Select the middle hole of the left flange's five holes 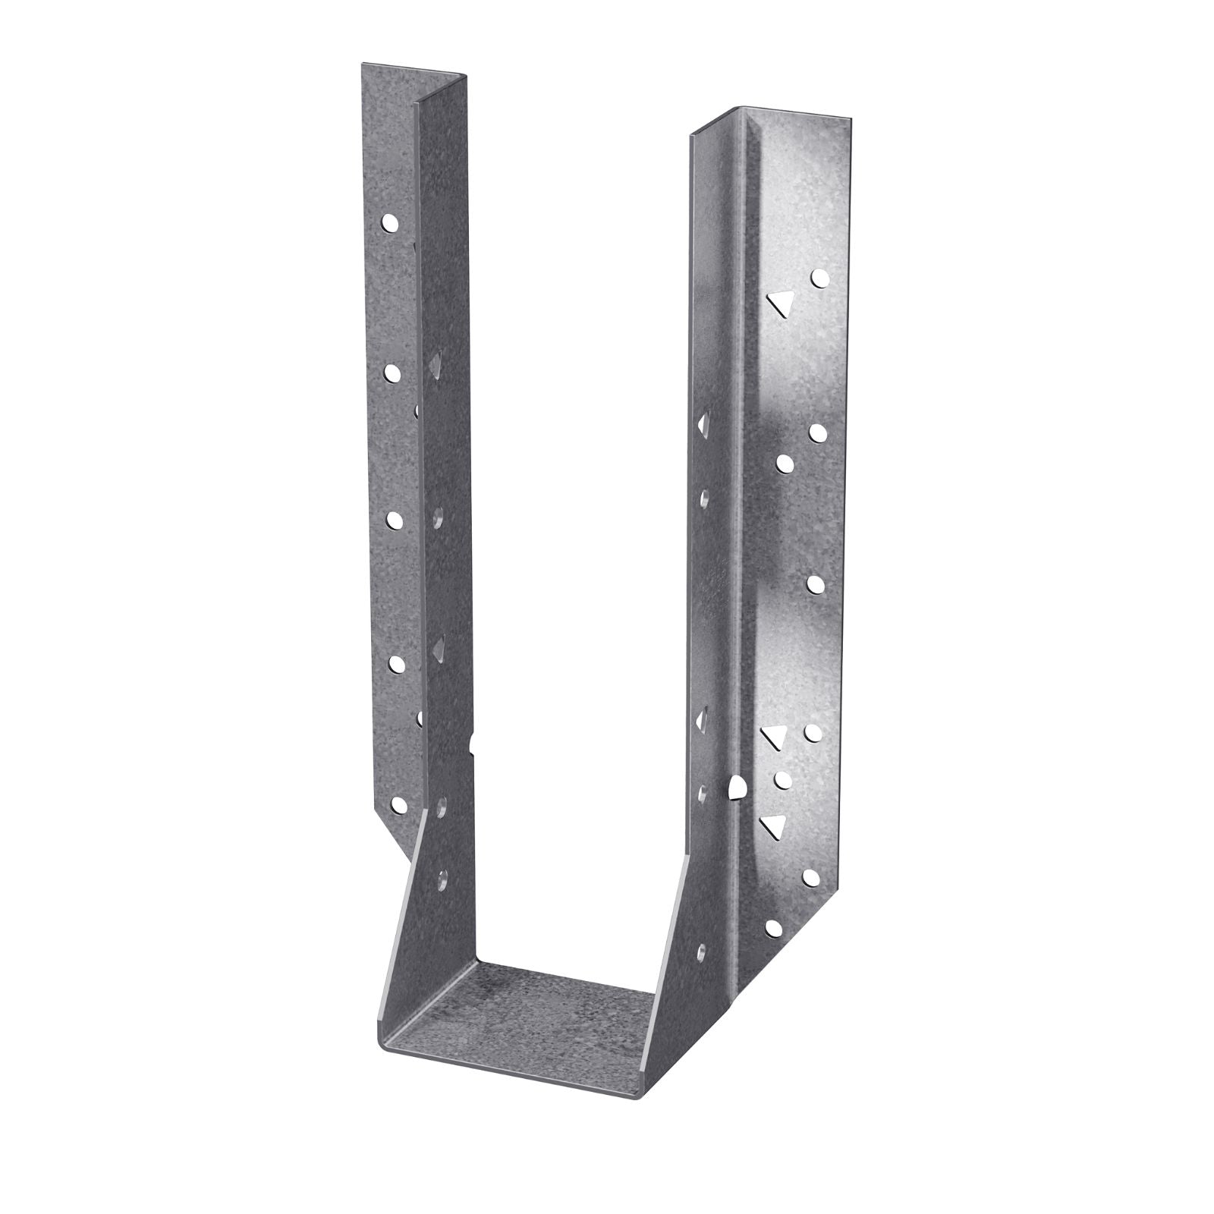pyautogui.click(x=394, y=520)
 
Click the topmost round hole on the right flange pyautogui.click(x=819, y=278)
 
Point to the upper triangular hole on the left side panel pyautogui.click(x=436, y=367)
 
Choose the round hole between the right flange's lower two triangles pyautogui.click(x=783, y=778)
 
